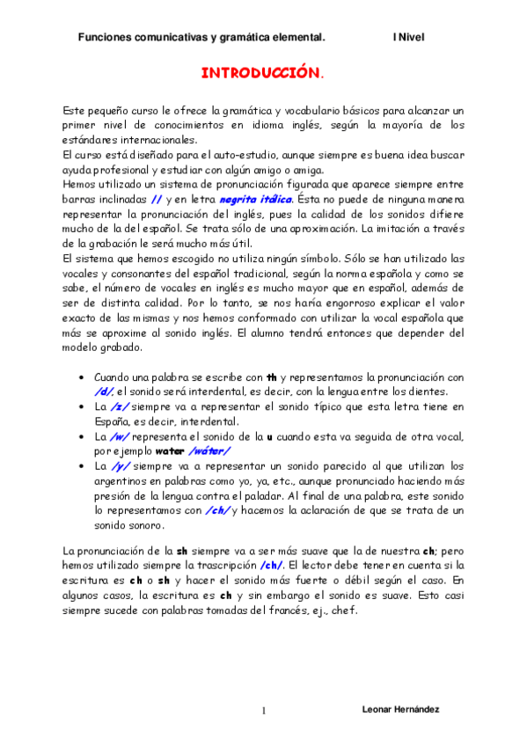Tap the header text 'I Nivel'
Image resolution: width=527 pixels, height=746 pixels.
(x=408, y=38)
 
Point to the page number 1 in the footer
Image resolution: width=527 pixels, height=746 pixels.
(x=263, y=710)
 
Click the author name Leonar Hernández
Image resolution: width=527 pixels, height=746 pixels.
(x=401, y=709)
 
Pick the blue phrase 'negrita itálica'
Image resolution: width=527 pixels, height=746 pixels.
(x=256, y=200)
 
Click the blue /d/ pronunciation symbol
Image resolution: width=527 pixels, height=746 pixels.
(x=103, y=391)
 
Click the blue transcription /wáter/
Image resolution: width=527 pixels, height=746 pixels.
(x=203, y=451)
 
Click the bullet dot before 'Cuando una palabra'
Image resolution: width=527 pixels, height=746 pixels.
(x=82, y=377)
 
